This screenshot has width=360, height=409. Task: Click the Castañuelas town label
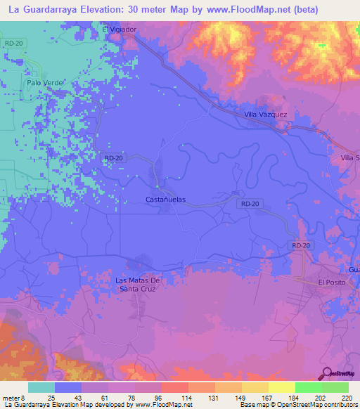pyautogui.click(x=165, y=200)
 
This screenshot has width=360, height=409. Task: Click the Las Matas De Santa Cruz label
pyautogui.click(x=139, y=285)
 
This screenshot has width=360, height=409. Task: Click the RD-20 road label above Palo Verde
pyautogui.click(x=13, y=44)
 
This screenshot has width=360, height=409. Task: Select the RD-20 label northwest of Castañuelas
pyautogui.click(x=112, y=159)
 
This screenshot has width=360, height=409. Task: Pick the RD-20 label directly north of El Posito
pyautogui.click(x=301, y=245)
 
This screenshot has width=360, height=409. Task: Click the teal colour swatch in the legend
pyautogui.click(x=41, y=387)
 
